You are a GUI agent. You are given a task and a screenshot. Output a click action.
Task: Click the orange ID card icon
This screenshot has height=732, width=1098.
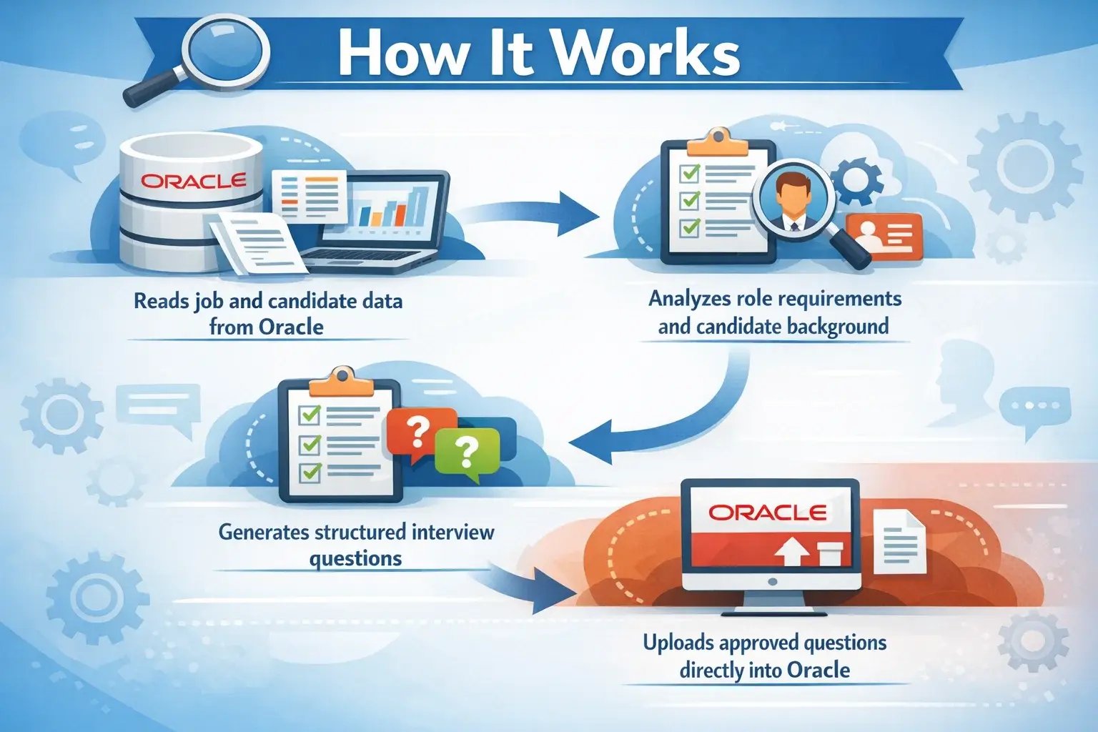(884, 237)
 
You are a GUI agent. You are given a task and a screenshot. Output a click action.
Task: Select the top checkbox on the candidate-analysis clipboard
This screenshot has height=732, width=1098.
(689, 173)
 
